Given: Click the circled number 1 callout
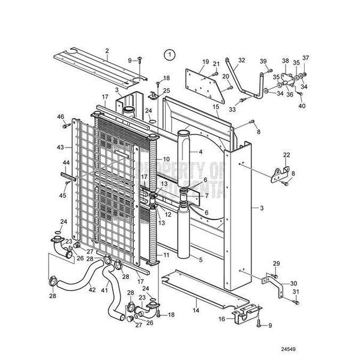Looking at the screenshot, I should click(171, 55).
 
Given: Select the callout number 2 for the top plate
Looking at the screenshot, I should click(107, 50).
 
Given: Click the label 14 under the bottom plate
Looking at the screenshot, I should click(196, 311).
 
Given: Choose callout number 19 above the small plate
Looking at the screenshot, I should click(206, 62).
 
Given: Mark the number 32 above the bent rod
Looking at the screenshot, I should click(242, 60).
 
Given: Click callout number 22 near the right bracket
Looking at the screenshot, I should click(287, 155).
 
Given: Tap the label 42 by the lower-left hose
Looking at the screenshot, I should click(92, 290).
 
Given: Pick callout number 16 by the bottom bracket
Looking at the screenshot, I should click(221, 319).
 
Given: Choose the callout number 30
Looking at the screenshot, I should click(293, 283).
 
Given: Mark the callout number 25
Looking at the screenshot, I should click(167, 90).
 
